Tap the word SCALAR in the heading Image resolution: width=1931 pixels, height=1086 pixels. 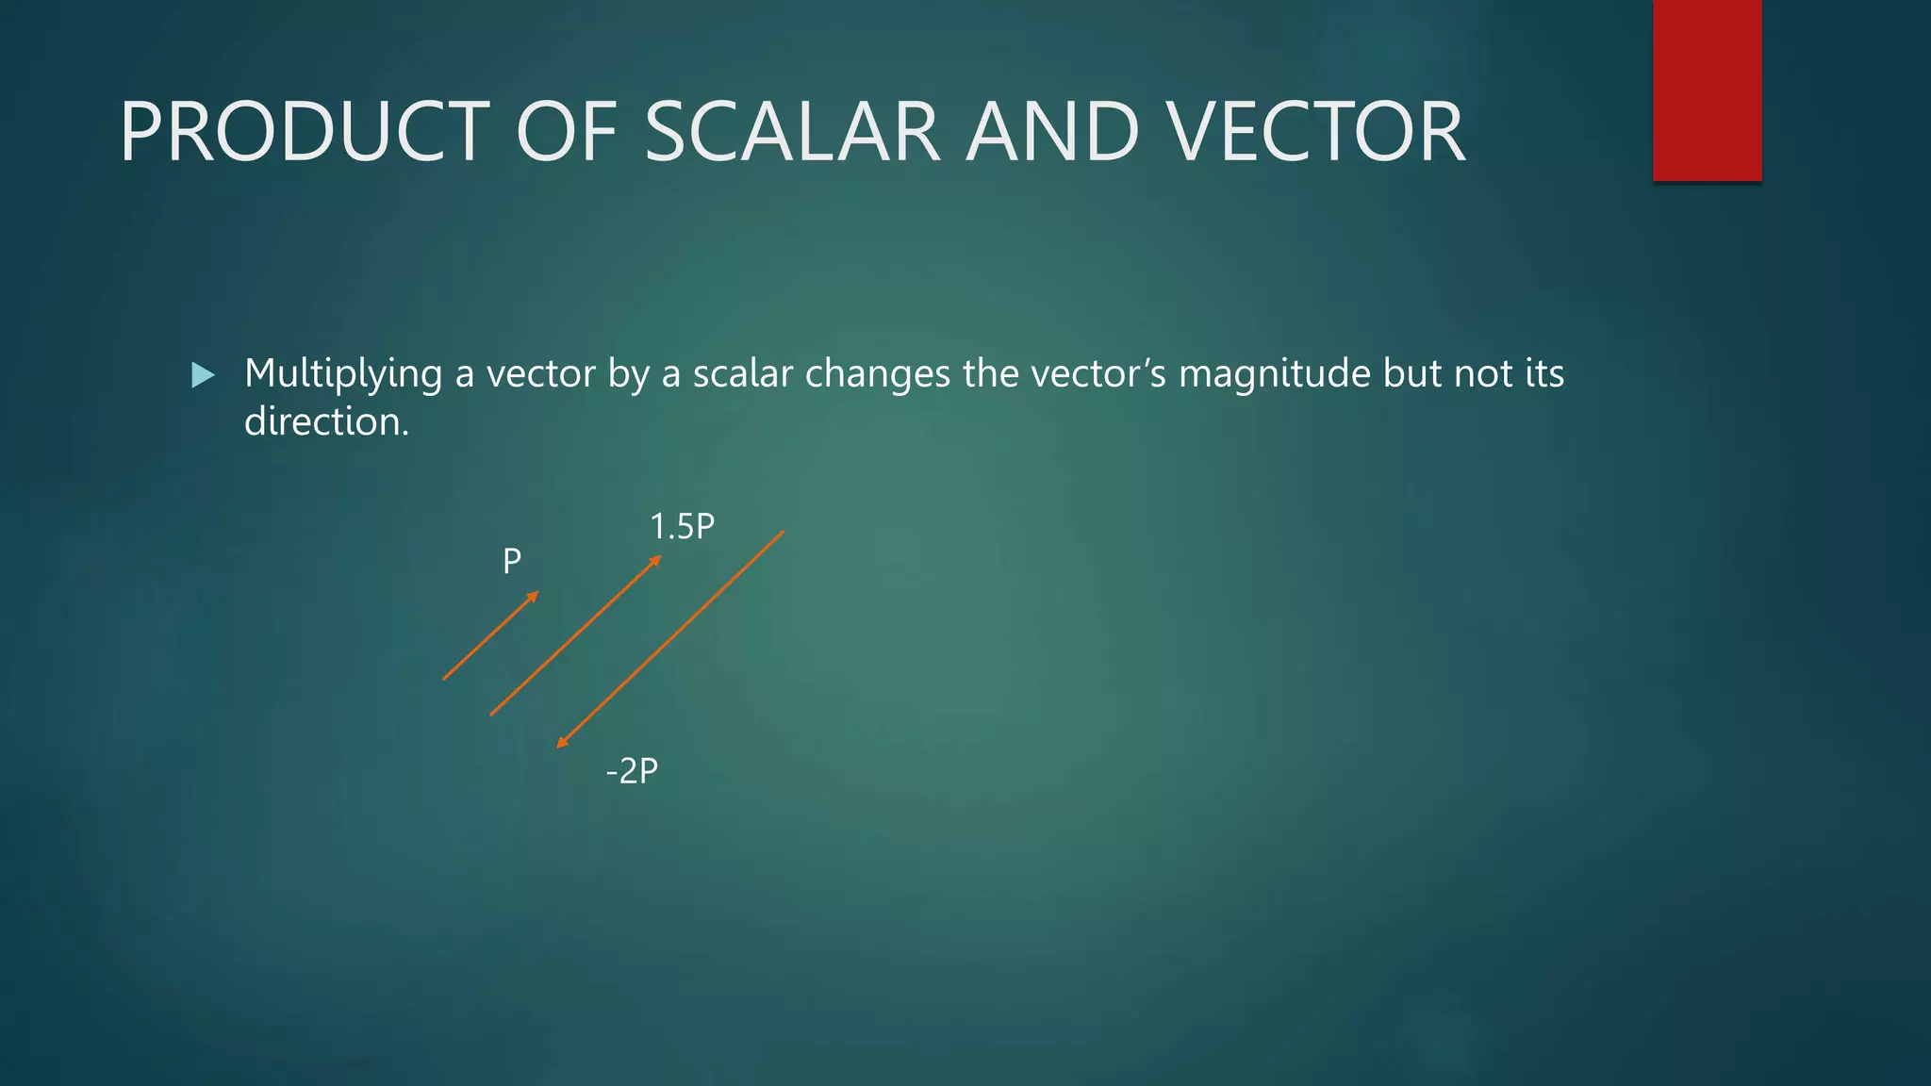click(792, 132)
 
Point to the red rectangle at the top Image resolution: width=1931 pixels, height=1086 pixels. click(1707, 90)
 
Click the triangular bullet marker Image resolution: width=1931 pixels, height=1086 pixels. click(203, 376)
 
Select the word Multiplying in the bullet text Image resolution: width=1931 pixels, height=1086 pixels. click(343, 374)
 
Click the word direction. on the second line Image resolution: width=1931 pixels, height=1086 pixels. click(326, 421)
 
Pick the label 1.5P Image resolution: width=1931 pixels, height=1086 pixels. click(682, 526)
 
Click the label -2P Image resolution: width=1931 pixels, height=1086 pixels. click(632, 771)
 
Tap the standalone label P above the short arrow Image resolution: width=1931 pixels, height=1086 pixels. click(512, 562)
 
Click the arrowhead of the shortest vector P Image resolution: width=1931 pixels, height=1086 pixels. click(534, 596)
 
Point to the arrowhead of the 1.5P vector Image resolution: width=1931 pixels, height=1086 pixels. click(656, 561)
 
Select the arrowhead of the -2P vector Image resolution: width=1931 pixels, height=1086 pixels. click(561, 743)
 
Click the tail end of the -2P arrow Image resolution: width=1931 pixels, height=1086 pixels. click(782, 534)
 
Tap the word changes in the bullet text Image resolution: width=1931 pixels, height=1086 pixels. click(877, 374)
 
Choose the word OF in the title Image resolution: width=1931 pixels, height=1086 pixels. click(566, 132)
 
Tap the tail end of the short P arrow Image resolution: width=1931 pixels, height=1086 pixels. click(445, 678)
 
